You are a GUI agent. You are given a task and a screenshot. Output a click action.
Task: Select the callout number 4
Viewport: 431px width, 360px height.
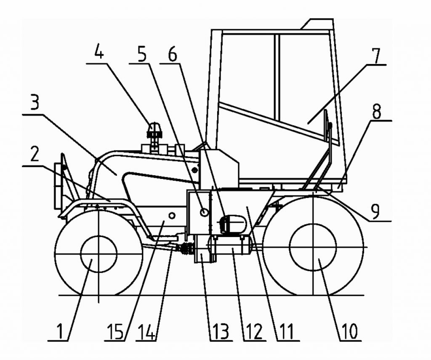coord(99,51)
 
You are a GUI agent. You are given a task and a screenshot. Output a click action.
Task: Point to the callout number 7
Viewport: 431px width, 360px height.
coord(375,56)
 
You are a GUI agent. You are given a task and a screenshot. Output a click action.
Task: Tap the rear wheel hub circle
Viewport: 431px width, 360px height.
coord(313,247)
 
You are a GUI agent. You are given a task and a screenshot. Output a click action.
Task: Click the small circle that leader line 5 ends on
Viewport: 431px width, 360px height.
coord(204,212)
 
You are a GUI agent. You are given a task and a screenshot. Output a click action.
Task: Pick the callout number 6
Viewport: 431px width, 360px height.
coord(172,55)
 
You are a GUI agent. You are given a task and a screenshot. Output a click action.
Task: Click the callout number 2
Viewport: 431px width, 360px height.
coord(35,155)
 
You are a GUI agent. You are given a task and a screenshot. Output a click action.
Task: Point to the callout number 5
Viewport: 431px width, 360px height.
coord(142,55)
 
